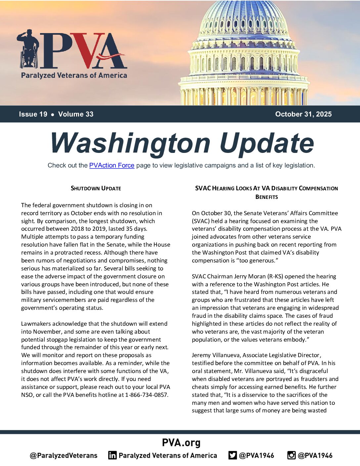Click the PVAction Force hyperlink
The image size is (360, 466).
[112, 165]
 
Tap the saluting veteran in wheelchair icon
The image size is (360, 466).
[28, 49]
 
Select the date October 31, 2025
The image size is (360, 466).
[303, 114]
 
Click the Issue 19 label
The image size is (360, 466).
[33, 114]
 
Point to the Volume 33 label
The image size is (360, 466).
[76, 114]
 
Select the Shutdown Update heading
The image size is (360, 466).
[96, 188]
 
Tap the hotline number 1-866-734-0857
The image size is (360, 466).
[146, 395]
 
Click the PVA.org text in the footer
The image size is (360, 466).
[181, 443]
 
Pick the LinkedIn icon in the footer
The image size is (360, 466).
[112, 455]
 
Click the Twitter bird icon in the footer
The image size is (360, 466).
[233, 455]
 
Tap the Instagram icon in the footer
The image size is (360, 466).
[291, 455]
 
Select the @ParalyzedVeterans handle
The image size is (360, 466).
[64, 455]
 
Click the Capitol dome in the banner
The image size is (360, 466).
[244, 53]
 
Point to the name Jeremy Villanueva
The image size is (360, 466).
[216, 355]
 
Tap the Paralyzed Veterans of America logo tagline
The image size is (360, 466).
[74, 75]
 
